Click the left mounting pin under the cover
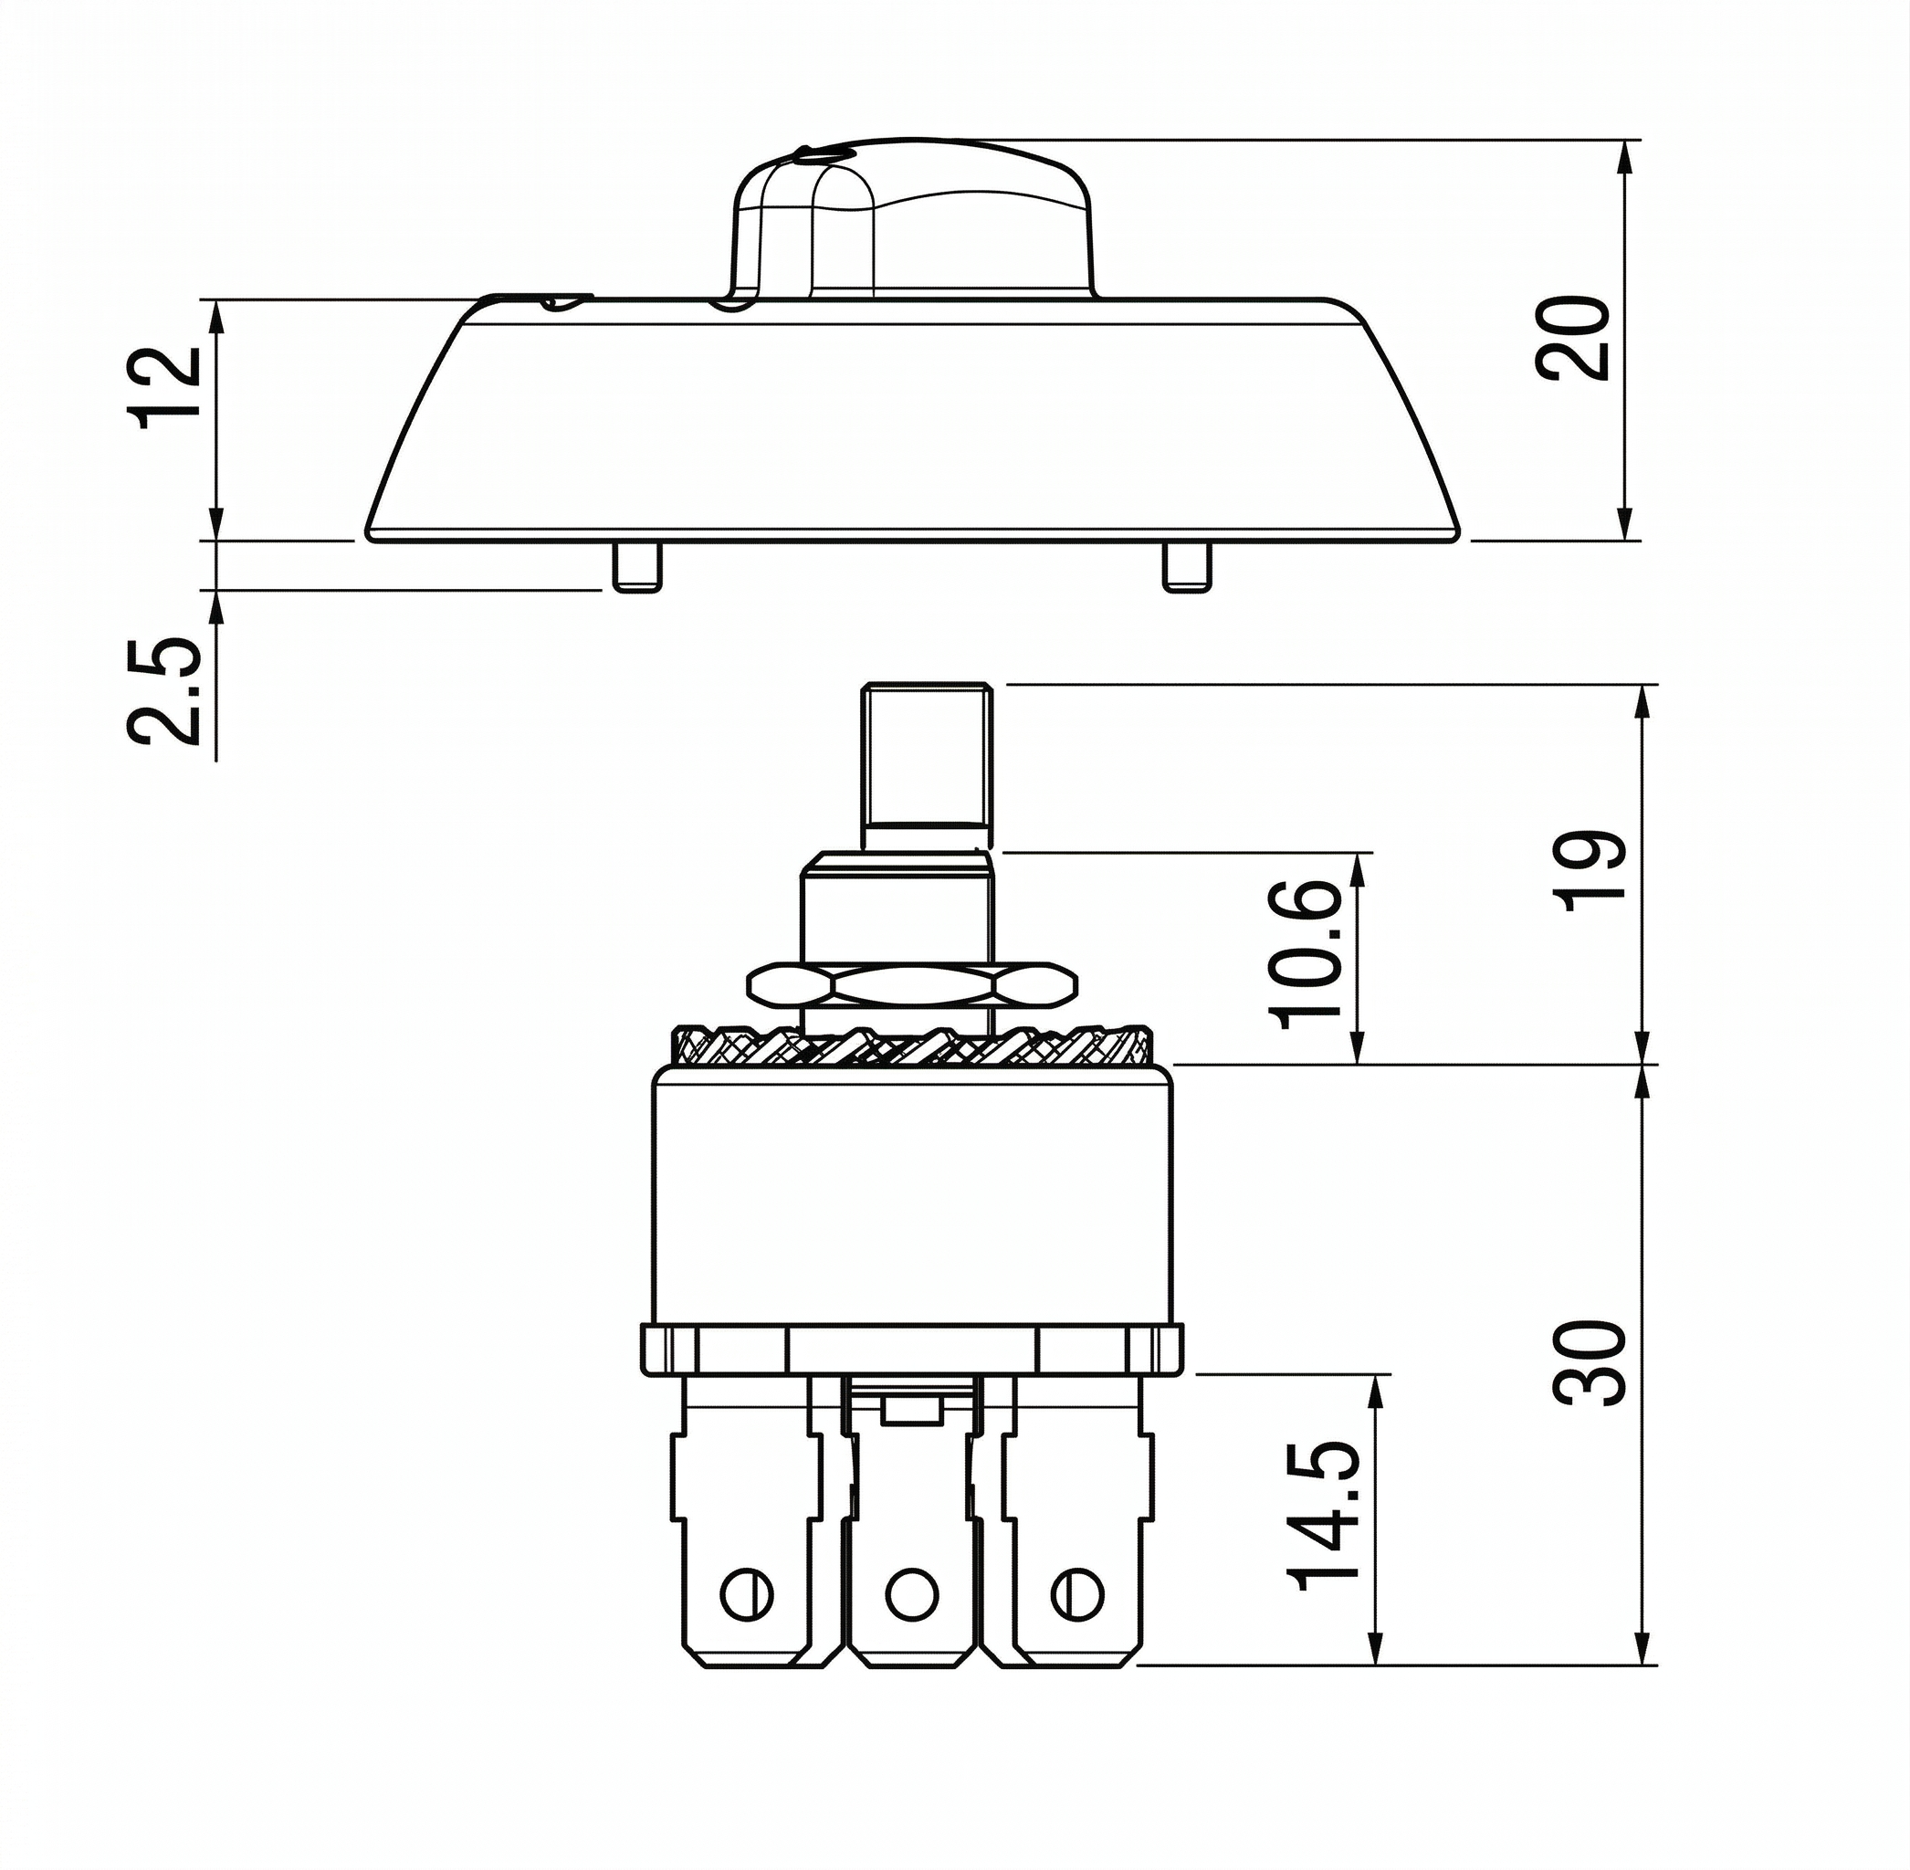(x=637, y=567)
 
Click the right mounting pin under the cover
(x=1186, y=567)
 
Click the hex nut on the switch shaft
(x=912, y=985)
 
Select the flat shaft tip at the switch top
(x=926, y=766)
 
